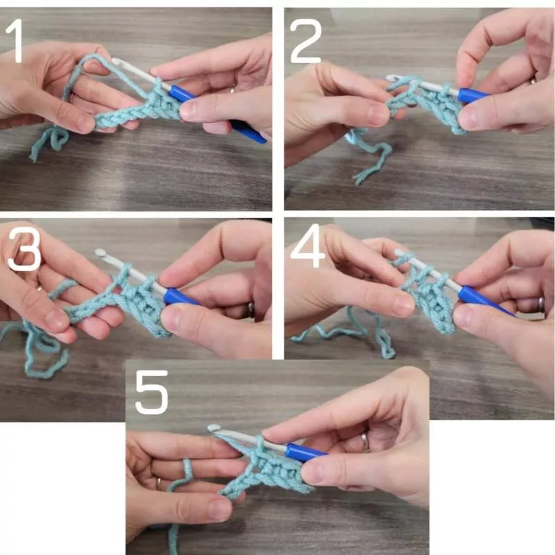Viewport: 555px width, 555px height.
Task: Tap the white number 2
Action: point(305,41)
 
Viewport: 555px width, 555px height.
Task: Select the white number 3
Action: point(24,249)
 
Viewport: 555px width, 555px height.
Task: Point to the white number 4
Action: point(307,246)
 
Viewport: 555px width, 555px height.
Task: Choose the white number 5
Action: point(151,392)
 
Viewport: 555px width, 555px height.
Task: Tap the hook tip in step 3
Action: point(99,253)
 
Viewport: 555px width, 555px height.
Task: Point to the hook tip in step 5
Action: point(212,427)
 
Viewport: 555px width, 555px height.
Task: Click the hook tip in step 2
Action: point(391,78)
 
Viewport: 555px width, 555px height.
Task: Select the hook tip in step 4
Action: point(398,253)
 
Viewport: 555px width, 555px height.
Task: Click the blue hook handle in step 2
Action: point(472,96)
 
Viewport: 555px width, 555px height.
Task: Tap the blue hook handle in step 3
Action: point(180,298)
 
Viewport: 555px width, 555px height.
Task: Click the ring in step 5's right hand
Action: point(365,441)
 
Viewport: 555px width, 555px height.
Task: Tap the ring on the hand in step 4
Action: point(541,305)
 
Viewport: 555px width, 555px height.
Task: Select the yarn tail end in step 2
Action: point(358,179)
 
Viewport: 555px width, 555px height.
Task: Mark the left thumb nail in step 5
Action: point(219,510)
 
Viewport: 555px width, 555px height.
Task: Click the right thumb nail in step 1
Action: point(188,109)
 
